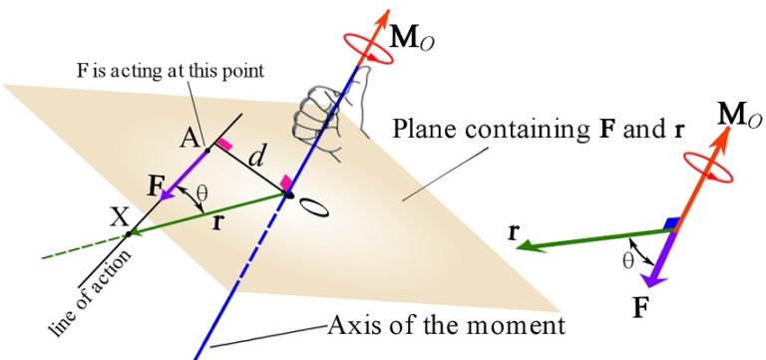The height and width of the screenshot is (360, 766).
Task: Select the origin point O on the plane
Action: point(288,194)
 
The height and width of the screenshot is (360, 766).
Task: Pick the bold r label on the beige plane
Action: point(218,222)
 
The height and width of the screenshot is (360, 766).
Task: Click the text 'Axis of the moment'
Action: point(448,324)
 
